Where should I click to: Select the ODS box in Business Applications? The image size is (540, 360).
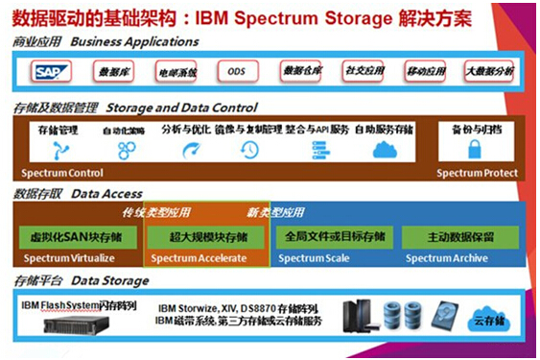tap(235, 72)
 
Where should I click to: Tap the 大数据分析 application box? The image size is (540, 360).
tap(489, 72)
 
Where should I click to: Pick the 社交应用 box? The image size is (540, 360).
tap(364, 72)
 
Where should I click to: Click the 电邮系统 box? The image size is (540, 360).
tap(175, 72)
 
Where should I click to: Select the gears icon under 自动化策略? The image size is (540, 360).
tap(126, 150)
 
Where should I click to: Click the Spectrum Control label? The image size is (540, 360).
tap(59, 173)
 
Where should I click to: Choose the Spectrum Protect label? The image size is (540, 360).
tap(477, 173)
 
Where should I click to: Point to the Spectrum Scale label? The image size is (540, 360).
tap(312, 258)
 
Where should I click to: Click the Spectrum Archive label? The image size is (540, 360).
tap(446, 258)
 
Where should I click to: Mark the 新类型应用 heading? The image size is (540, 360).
tap(281, 212)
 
